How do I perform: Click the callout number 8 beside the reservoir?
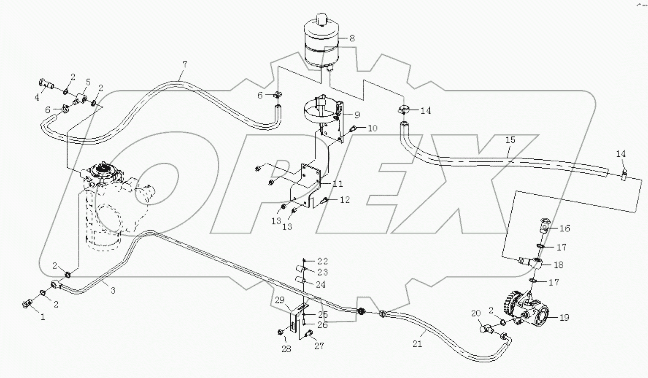coord(352,38)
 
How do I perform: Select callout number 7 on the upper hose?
coord(184,65)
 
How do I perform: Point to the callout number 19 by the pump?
coord(564,317)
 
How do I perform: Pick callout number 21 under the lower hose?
coord(417,344)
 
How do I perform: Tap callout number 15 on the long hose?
coord(510,140)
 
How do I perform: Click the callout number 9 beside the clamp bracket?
coord(357,114)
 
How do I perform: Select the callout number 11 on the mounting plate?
coord(337,184)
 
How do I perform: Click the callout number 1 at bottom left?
coord(43,317)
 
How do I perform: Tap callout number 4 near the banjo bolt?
coord(37,97)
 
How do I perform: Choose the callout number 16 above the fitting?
coord(564,228)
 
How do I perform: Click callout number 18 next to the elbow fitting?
coord(558,265)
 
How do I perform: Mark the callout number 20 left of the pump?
coord(476,313)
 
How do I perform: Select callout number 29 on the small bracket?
coord(280,300)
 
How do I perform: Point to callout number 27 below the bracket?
coord(319,346)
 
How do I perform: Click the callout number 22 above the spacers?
coord(323,261)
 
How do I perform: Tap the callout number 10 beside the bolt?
coord(372,128)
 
